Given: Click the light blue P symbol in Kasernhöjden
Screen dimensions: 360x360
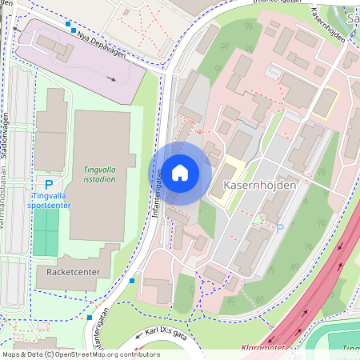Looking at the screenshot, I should [279, 228].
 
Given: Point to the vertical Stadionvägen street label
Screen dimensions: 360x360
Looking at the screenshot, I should [5, 138].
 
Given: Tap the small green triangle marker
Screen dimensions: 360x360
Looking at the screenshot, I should [258, 217].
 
